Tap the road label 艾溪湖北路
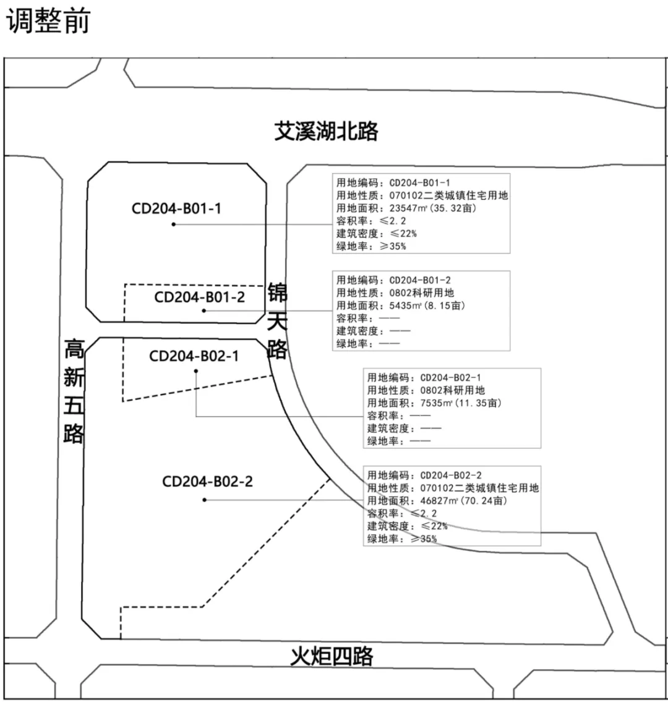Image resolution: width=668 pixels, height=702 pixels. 326,131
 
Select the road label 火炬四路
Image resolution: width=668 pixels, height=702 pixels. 332,656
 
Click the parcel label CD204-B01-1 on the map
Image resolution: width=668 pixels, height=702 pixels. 176,208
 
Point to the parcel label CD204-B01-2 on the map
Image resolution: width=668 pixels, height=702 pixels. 200,297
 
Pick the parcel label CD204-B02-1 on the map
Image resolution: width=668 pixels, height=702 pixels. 194,356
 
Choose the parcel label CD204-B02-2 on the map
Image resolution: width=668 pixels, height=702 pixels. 207,481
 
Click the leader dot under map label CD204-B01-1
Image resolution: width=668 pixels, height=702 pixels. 173,224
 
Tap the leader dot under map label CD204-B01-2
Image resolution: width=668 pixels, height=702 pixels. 203,310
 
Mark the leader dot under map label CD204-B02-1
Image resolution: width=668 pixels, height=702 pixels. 196,371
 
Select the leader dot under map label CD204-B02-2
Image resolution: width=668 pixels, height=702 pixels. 204,499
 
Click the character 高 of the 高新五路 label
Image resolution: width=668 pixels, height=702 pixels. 74,350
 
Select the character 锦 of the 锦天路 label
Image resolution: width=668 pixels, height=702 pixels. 278,292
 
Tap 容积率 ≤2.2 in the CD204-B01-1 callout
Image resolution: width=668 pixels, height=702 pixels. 371,221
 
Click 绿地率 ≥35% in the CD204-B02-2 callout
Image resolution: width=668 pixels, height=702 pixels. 402,539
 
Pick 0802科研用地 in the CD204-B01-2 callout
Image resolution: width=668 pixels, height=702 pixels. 421,293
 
